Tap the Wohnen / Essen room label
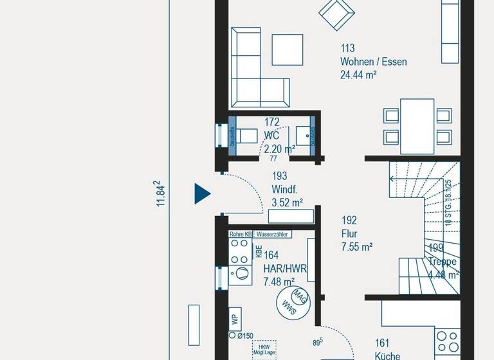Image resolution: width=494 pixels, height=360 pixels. [x=373, y=62]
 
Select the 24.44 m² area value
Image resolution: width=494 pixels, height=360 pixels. [x=358, y=75]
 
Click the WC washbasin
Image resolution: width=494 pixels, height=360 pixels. [x=303, y=135]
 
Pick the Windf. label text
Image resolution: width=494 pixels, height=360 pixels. [x=285, y=189]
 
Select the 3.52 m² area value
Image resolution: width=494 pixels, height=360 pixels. [x=288, y=203]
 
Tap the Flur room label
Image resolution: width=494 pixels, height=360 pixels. [x=349, y=233]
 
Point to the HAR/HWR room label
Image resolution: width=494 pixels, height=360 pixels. [x=279, y=268]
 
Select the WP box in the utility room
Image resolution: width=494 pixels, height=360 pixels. [x=235, y=318]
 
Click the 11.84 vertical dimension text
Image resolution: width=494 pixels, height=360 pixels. [x=161, y=193]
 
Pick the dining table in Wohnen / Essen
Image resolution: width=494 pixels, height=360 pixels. [x=417, y=126]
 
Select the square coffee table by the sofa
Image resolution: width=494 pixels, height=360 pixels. [x=287, y=49]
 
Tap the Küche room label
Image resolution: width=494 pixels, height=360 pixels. [x=387, y=355]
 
